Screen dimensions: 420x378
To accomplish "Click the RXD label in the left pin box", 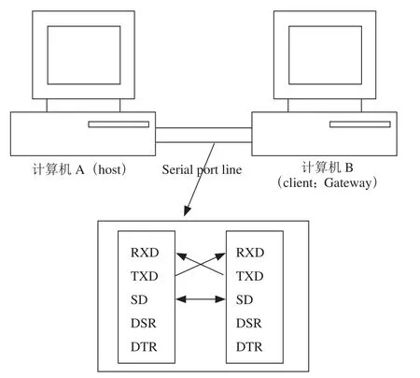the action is [145, 253].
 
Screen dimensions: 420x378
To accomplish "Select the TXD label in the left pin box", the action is [145, 276].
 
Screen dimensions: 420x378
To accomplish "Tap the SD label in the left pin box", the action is [139, 299].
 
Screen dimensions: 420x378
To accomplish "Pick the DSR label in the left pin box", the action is [144, 323].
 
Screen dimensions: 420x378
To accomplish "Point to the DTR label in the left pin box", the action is [144, 347].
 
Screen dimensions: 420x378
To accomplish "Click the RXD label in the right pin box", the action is [250, 253].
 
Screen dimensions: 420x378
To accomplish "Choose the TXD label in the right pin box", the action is [250, 276].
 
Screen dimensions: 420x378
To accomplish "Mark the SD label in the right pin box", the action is [245, 299].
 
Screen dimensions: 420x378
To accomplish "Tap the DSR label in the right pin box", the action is [249, 323].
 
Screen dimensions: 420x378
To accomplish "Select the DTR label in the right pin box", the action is [249, 347].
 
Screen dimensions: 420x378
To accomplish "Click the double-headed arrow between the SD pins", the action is [201, 299].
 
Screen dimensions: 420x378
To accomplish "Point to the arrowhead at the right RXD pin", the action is [220, 256].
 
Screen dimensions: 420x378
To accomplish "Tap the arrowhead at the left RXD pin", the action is [181, 256].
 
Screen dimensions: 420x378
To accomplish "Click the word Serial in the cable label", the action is [177, 169].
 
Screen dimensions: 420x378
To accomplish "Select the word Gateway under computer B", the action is [347, 183].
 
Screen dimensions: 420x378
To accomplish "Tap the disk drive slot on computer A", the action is [119, 124].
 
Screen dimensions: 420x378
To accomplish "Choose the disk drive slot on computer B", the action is [360, 124].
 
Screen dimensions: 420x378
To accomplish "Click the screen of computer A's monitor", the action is [84, 55].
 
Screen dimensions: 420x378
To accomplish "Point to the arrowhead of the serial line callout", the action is [187, 211].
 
